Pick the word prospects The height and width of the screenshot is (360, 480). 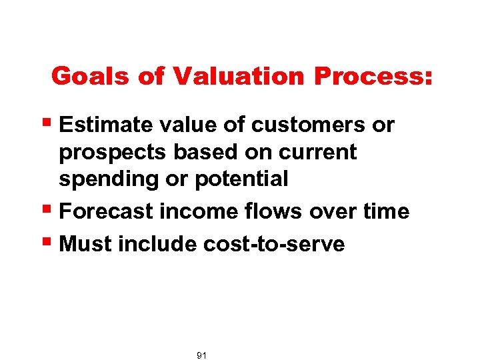[x=113, y=153]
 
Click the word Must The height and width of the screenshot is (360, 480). [x=85, y=244]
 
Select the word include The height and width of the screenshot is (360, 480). [x=157, y=244]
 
